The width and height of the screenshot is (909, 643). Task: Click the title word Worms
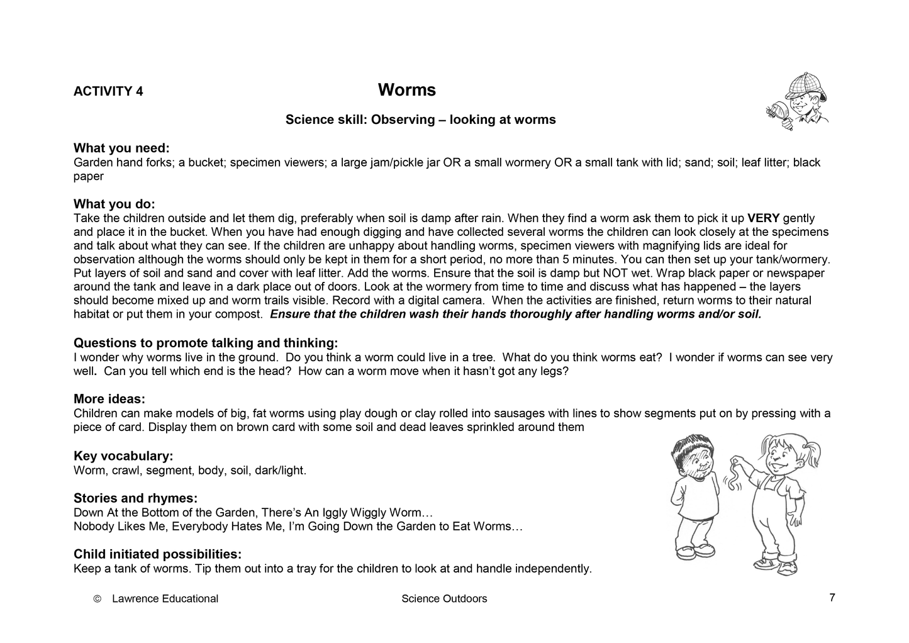406,90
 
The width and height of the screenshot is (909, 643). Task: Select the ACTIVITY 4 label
108,91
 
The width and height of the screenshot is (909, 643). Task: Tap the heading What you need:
121,148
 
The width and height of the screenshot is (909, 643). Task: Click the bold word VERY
763,218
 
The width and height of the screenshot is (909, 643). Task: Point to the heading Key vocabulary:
123,456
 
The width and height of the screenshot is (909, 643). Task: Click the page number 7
832,598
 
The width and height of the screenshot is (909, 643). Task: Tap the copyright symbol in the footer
97,599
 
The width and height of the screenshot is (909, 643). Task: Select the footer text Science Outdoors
443,599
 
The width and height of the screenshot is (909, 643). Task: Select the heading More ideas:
109,399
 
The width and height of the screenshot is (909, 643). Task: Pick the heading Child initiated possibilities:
157,554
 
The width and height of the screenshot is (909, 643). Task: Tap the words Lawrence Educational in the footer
165,599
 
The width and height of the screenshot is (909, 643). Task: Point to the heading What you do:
114,204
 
